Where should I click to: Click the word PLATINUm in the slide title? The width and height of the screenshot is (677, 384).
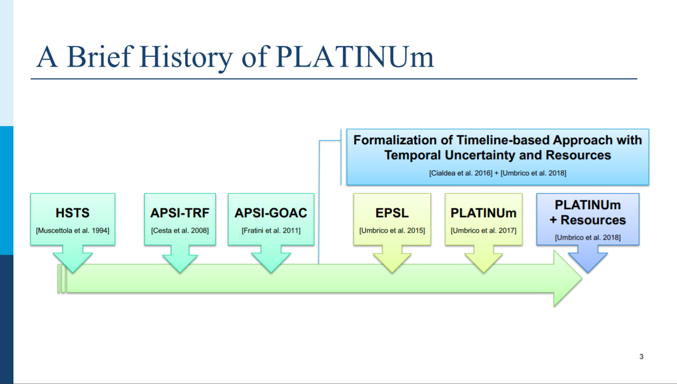[x=355, y=57]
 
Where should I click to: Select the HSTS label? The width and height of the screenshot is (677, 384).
[x=72, y=213]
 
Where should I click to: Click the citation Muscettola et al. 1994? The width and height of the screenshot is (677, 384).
[x=72, y=231]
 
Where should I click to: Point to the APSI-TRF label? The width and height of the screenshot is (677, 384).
[x=180, y=213]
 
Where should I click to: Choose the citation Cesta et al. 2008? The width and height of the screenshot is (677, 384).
[x=180, y=231]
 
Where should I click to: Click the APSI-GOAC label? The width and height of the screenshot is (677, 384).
[x=271, y=213]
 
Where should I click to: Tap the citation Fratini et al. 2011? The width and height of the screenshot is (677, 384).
[x=271, y=231]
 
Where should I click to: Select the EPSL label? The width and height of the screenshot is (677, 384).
[x=392, y=213]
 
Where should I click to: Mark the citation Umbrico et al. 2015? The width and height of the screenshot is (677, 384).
[x=392, y=231]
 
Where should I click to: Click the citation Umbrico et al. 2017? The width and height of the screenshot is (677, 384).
[x=483, y=231]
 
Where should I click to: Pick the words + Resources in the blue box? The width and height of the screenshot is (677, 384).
[x=587, y=220]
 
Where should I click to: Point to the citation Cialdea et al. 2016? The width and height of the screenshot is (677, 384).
[x=461, y=173]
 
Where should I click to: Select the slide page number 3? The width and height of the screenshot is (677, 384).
[x=642, y=357]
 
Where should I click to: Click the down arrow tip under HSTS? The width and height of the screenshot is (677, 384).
[x=72, y=273]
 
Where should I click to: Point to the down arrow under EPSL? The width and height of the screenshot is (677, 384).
[x=392, y=259]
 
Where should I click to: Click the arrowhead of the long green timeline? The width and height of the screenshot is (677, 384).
[x=568, y=278]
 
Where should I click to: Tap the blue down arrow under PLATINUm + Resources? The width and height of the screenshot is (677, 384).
[x=588, y=259]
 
